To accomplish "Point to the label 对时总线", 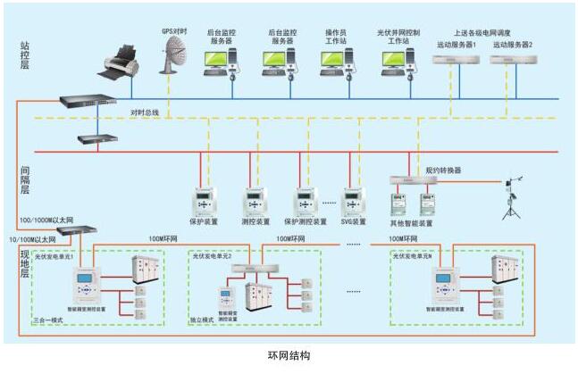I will tap(144, 112).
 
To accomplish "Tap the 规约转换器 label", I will tap(443, 170).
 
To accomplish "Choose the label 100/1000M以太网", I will tap(46, 219).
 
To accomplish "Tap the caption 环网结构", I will tap(289, 355).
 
